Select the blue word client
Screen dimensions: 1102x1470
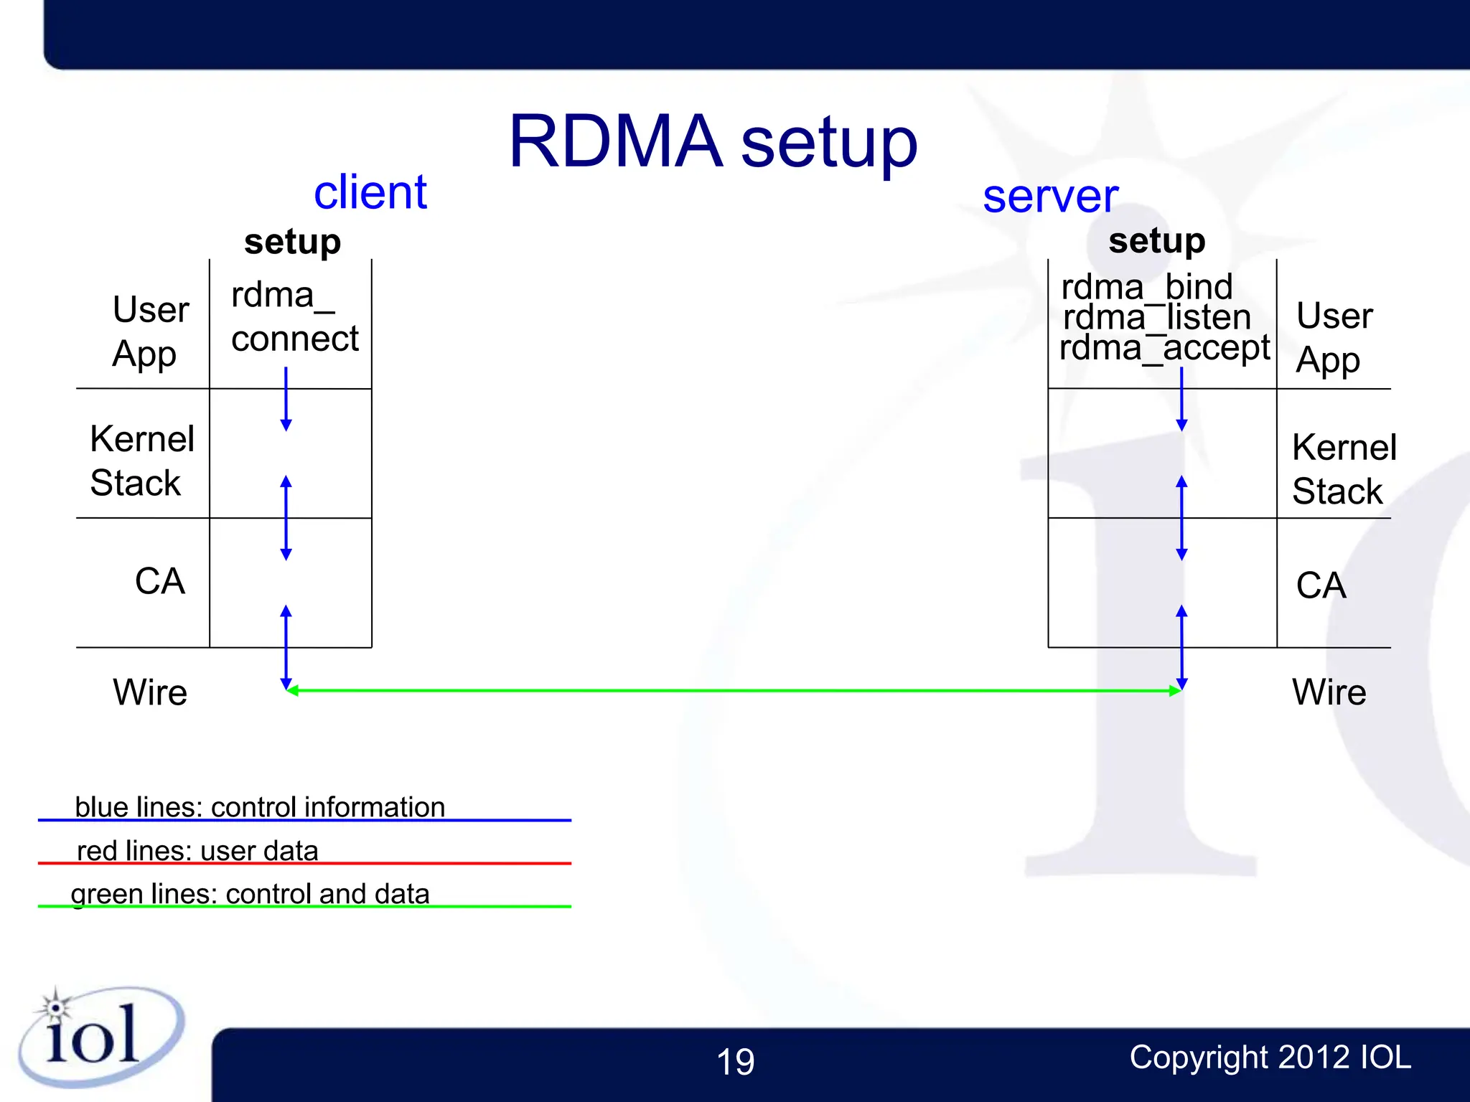click(370, 192)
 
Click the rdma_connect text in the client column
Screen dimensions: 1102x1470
click(294, 317)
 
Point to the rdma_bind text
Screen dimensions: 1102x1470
click(1146, 287)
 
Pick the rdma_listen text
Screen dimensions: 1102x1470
click(1156, 317)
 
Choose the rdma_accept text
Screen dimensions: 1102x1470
click(1164, 348)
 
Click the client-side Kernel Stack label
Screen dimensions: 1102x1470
click(141, 460)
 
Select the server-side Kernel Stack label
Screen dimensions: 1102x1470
click(1343, 468)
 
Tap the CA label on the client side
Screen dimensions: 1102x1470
click(159, 580)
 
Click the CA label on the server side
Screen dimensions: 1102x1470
click(1320, 585)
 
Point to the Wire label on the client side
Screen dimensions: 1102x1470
click(149, 692)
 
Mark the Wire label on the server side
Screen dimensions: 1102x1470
click(1329, 692)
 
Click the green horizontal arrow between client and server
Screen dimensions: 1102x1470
click(732, 690)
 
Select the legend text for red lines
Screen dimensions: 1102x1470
click(197, 850)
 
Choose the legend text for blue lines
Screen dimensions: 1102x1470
click(260, 806)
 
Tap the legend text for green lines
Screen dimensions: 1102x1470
click(250, 893)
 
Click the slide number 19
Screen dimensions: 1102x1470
click(735, 1061)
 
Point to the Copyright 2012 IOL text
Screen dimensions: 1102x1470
click(1270, 1057)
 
